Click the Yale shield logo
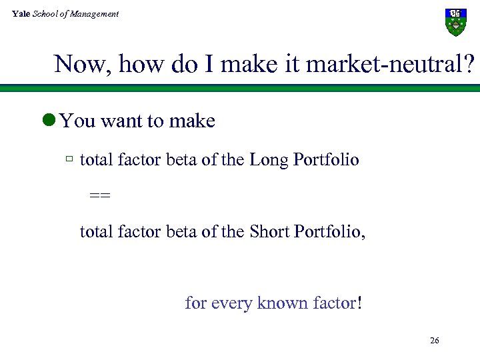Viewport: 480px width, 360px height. tap(455, 22)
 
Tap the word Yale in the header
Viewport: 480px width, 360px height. tap(21, 13)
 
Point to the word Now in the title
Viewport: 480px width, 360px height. tap(74, 65)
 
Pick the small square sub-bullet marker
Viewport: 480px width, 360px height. tap(69, 160)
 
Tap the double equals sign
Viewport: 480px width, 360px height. tap(100, 196)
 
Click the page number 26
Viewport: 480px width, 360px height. tap(434, 341)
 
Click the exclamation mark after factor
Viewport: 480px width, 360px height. tap(360, 303)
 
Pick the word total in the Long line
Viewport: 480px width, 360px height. tap(96, 160)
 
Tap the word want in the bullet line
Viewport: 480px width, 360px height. tap(121, 121)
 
